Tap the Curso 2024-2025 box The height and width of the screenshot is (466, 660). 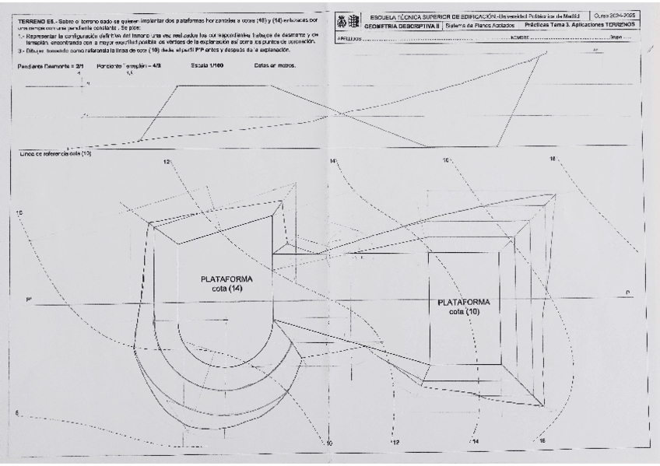[x=615, y=16]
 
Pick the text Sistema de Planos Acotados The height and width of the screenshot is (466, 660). [x=478, y=25]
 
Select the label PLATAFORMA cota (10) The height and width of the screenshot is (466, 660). [x=464, y=306]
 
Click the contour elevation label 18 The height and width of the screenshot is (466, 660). [x=553, y=158]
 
